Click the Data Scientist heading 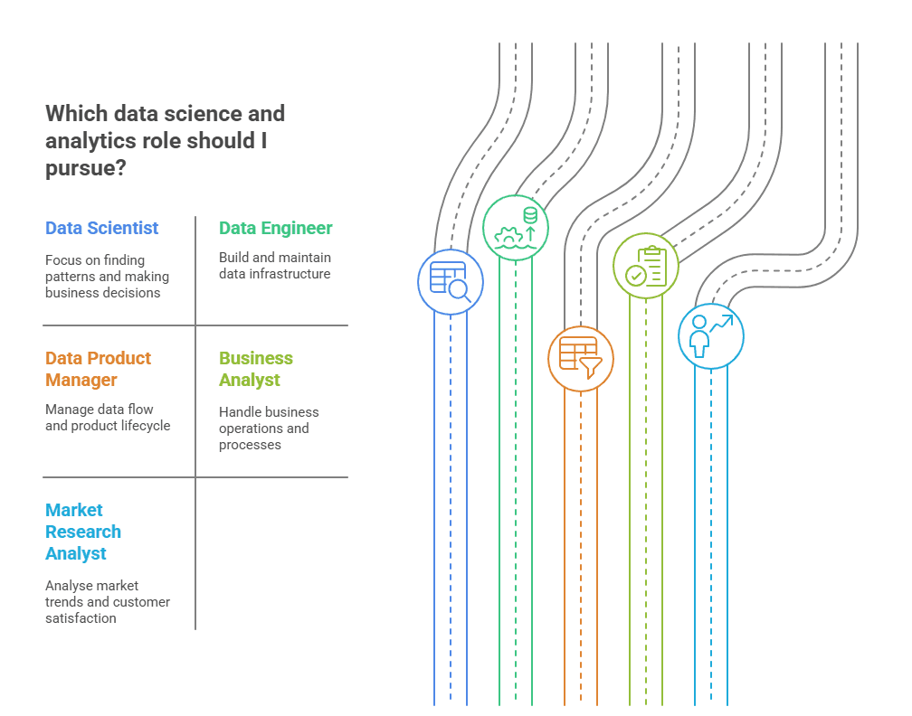[101, 228]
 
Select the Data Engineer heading [276, 228]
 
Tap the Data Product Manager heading [99, 369]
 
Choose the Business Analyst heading [256, 369]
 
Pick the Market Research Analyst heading [83, 532]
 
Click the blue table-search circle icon [451, 282]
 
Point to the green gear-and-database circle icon [516, 228]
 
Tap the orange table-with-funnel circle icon [581, 359]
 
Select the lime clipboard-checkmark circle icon [646, 266]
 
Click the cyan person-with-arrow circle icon [711, 336]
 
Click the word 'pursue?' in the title [85, 168]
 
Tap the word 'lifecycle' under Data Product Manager [146, 426]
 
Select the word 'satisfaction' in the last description [81, 618]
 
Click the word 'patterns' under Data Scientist [68, 277]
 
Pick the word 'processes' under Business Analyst [250, 445]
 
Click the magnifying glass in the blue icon [461, 290]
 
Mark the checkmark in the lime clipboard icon [636, 276]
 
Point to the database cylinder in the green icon [530, 215]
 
